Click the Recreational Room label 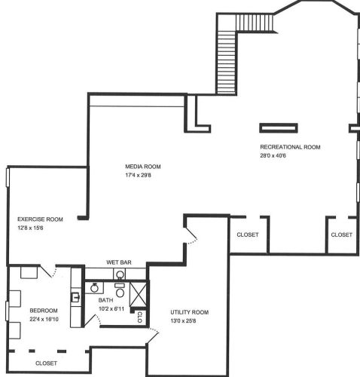tap(290, 147)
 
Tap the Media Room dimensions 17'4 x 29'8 tap(138, 175)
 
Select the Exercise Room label tap(40, 219)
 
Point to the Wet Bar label tap(119, 262)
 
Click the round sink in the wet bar tap(121, 274)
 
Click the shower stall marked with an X tap(138, 295)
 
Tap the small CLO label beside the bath tap(140, 317)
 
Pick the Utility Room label tap(190, 312)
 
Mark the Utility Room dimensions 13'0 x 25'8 tap(183, 321)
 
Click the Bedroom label tap(44, 311)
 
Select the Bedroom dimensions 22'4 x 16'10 tap(44, 320)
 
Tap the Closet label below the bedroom tap(46, 363)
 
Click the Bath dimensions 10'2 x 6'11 tap(111, 309)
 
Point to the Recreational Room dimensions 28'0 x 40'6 tap(273, 155)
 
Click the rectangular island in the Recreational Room tap(279, 128)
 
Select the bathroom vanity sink tap(94, 288)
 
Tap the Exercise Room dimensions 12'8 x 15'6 tap(30, 228)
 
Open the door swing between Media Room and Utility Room tap(191, 234)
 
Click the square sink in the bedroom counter tap(75, 298)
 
